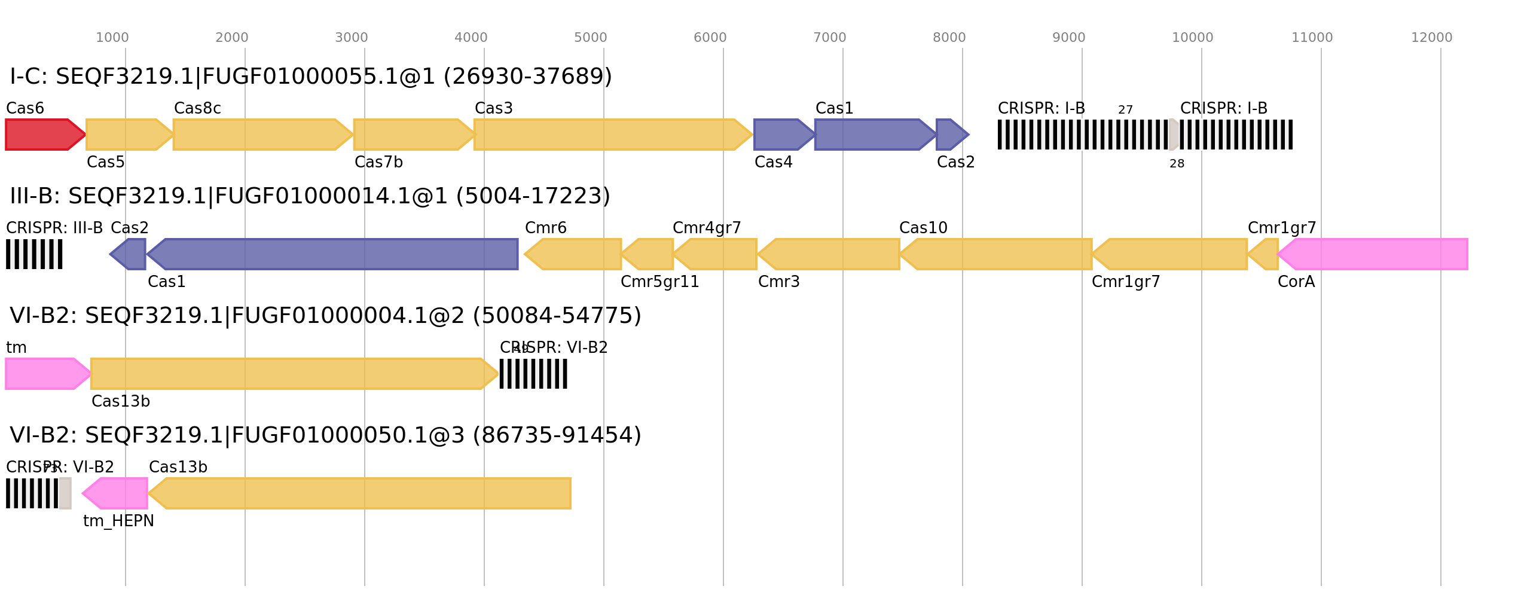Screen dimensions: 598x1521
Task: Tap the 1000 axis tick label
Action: click(x=112, y=38)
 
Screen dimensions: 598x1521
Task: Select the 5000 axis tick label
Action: click(x=590, y=38)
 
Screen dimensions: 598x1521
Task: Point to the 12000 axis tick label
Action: click(x=1431, y=38)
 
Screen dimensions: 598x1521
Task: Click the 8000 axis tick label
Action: click(x=949, y=38)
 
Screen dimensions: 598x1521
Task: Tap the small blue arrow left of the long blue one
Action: click(x=129, y=254)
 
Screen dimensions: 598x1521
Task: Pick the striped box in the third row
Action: click(x=533, y=374)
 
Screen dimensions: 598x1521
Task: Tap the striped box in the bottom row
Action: click(x=32, y=493)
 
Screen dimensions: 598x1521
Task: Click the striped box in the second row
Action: click(x=34, y=254)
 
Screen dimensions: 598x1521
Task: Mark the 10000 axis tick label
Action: click(x=1192, y=38)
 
